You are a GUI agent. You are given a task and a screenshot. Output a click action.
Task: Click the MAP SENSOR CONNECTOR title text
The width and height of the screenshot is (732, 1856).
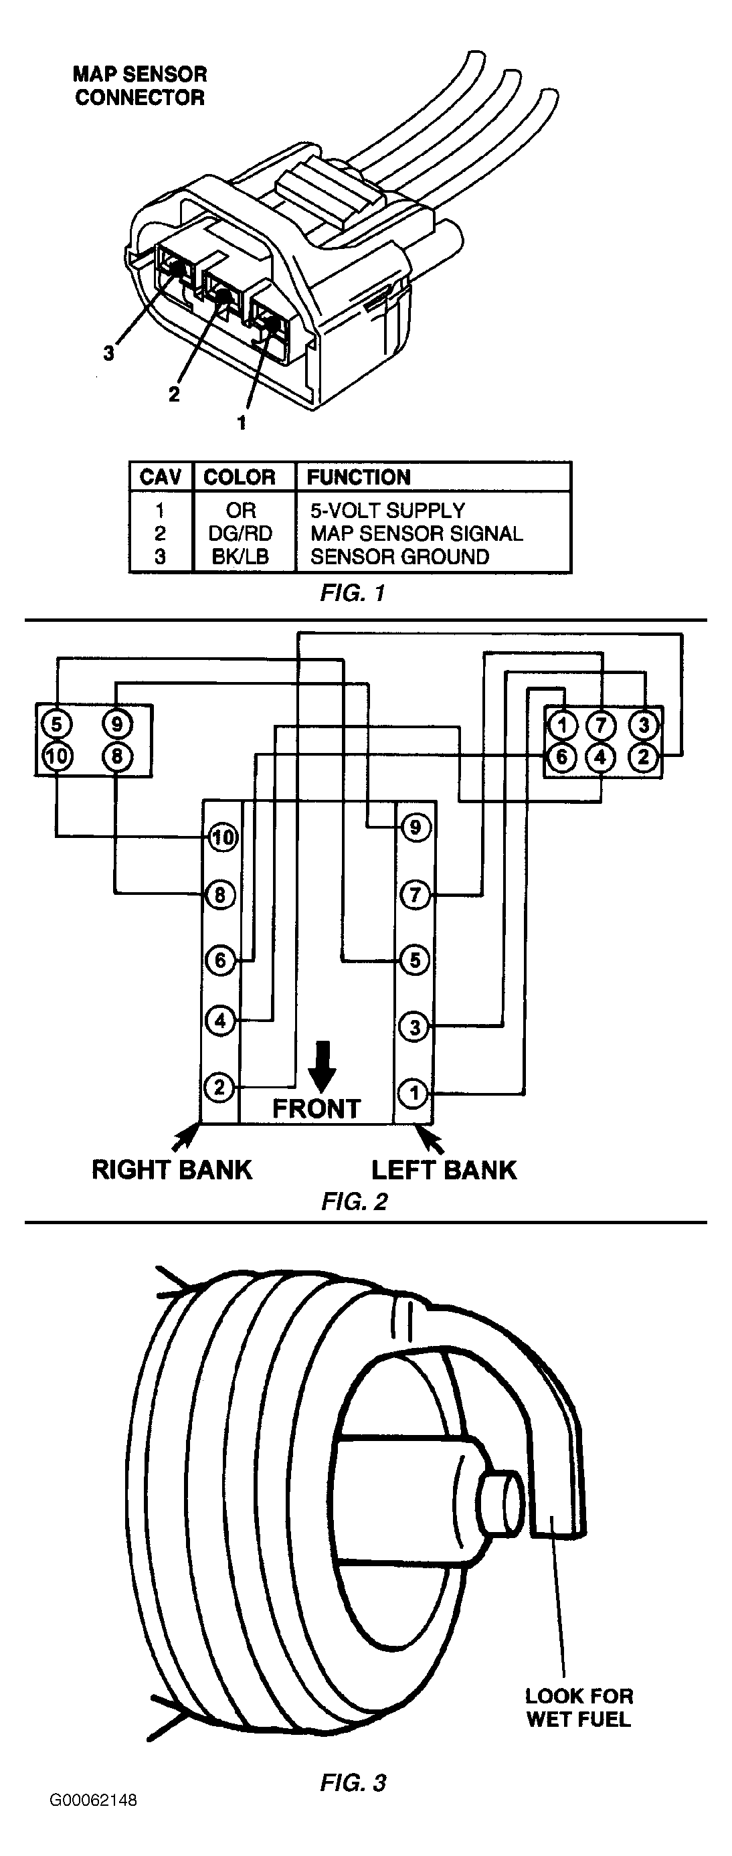tap(140, 86)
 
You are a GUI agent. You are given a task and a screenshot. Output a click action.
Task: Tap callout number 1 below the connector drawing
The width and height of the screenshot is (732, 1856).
tap(242, 422)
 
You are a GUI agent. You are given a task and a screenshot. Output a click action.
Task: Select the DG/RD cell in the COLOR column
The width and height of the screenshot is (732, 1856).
tap(241, 533)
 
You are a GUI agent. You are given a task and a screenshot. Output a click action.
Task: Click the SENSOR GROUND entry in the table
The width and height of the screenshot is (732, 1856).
tap(400, 556)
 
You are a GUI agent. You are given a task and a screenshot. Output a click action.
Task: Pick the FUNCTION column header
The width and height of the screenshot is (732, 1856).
tap(359, 477)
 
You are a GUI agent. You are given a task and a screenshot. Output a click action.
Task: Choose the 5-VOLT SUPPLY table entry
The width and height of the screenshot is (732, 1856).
tap(387, 510)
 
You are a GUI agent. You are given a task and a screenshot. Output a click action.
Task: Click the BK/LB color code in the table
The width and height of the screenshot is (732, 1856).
tap(241, 556)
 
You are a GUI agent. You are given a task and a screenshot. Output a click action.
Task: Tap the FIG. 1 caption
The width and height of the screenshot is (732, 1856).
tap(353, 593)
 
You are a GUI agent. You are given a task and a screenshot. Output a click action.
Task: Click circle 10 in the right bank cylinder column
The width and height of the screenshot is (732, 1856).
tap(221, 837)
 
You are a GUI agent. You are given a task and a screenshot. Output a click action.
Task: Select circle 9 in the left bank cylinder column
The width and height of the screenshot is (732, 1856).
tap(414, 827)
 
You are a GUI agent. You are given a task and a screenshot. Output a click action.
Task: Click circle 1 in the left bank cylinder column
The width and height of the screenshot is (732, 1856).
tap(414, 1094)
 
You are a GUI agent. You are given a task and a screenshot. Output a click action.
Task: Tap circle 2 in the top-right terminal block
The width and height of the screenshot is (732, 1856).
tap(644, 756)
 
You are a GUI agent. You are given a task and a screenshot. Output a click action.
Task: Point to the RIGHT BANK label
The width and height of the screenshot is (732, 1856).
tap(172, 1169)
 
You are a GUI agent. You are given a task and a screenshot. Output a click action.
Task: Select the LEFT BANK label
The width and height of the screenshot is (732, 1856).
tap(444, 1169)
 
